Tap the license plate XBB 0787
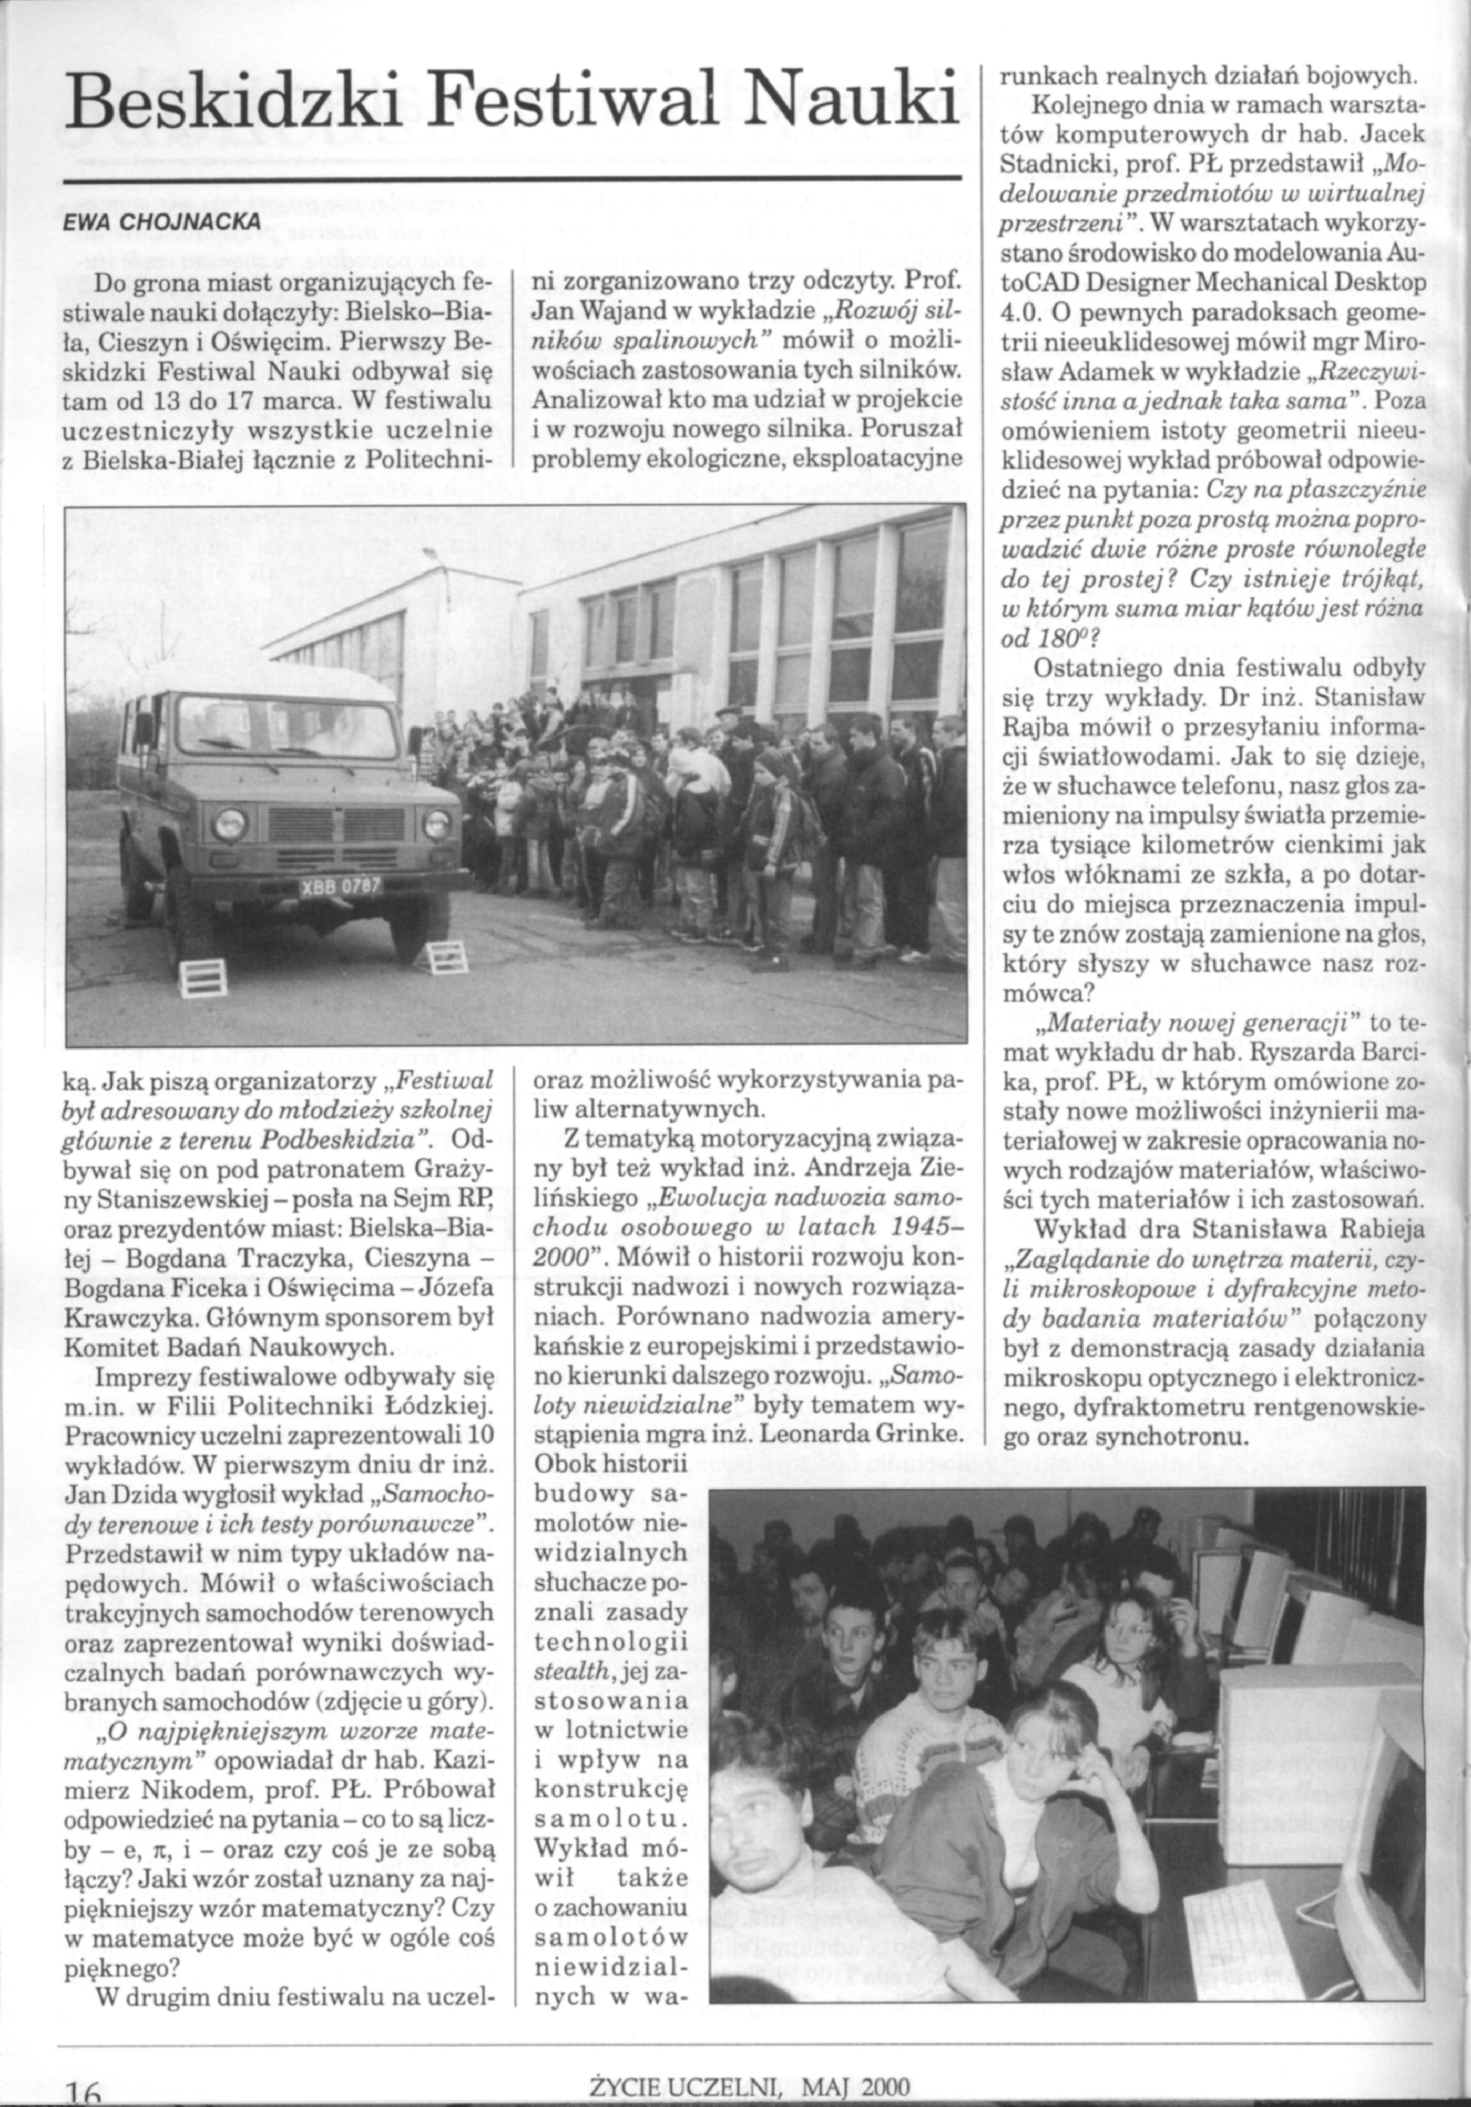coord(341,887)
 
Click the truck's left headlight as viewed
coord(230,823)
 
